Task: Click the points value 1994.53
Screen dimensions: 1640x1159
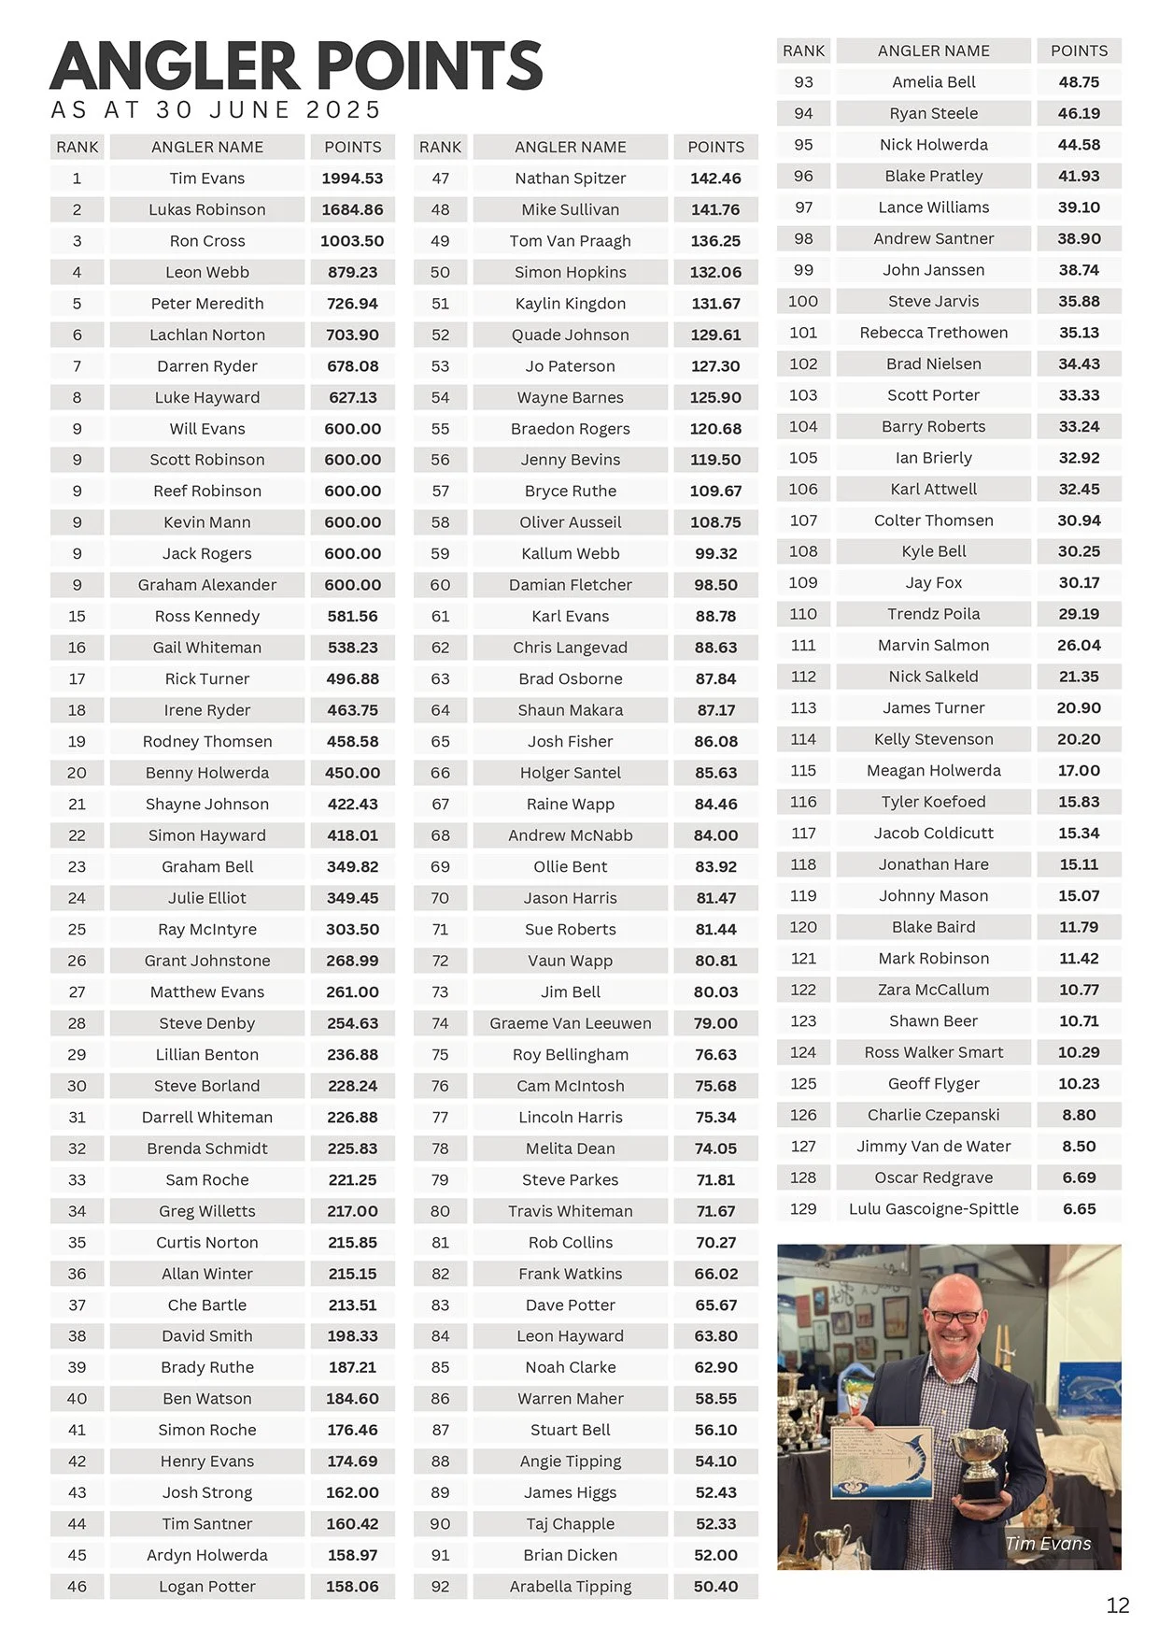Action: tap(352, 178)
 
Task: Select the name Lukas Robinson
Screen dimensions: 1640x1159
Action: tap(207, 209)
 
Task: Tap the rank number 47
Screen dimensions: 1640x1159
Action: tap(440, 178)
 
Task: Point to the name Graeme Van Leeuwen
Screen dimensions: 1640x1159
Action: tap(570, 1023)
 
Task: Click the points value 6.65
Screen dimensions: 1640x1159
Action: tap(1079, 1208)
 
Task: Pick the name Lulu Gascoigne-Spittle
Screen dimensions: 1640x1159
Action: tap(933, 1208)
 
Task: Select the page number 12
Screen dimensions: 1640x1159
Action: tap(1117, 1605)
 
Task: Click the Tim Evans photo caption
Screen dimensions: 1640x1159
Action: tap(1048, 1544)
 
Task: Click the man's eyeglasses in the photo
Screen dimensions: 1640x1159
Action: tap(954, 1317)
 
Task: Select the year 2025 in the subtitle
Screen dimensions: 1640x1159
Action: tap(343, 110)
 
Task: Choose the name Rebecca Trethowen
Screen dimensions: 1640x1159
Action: tap(933, 333)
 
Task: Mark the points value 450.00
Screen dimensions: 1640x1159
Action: tap(352, 773)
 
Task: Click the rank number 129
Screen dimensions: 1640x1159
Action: tap(803, 1208)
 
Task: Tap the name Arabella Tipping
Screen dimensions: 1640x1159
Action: tap(570, 1586)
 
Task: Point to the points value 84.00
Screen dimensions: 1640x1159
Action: tap(715, 835)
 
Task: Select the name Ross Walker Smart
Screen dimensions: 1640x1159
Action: tap(933, 1052)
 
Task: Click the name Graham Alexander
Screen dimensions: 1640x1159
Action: tap(207, 585)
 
